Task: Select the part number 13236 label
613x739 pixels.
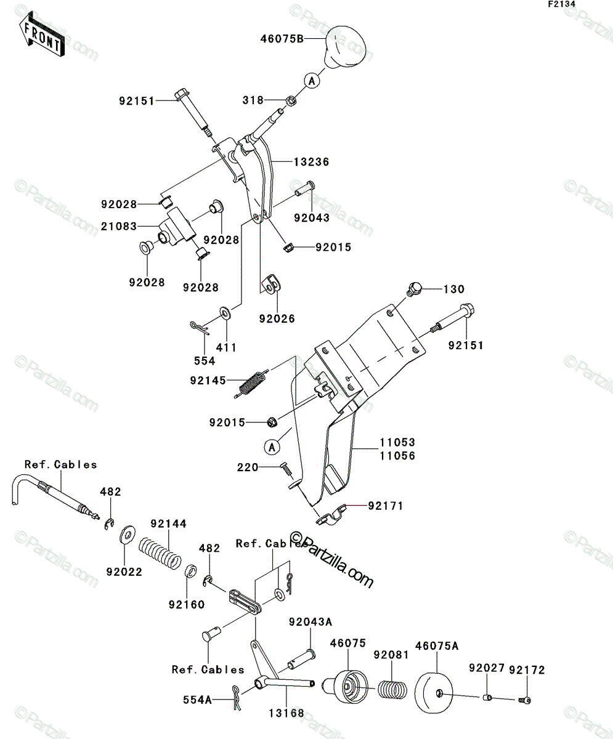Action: coord(311,162)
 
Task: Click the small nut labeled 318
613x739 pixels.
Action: coord(291,100)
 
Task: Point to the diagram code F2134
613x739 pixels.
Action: coord(562,4)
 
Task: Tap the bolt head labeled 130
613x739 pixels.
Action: coord(415,289)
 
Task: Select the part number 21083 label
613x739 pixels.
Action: coord(119,226)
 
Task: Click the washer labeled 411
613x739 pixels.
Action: coord(225,312)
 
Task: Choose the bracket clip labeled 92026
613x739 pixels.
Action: coord(272,285)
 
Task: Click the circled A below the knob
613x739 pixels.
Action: coord(312,81)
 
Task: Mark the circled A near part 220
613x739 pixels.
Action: coord(272,447)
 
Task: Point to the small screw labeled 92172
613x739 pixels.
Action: coord(524,700)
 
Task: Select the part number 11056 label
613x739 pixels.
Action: coord(397,456)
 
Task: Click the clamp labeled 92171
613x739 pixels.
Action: coord(331,515)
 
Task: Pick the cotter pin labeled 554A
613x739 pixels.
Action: coord(236,697)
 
